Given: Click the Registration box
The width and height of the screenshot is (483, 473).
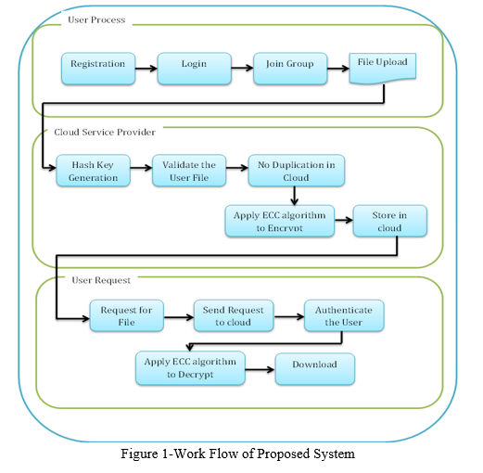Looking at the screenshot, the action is click(x=98, y=69).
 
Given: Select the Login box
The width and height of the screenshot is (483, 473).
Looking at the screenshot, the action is click(x=195, y=69).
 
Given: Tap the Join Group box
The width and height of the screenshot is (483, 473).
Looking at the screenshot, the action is click(x=290, y=69).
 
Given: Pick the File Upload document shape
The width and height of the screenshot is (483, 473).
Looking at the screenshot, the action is click(x=383, y=69).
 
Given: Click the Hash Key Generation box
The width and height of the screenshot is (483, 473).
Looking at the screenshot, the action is click(x=93, y=171).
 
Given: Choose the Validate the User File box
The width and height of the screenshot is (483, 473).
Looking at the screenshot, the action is click(x=189, y=171).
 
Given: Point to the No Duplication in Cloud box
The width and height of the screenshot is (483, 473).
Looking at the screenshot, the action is click(x=297, y=171).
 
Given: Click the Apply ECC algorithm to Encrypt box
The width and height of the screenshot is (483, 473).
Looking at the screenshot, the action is click(x=280, y=221).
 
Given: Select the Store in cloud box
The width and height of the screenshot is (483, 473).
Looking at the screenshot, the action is click(x=390, y=221).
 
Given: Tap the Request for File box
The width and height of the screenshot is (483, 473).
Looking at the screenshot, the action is click(x=127, y=315).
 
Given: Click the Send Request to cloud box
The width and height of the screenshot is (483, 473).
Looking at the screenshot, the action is click(x=234, y=315).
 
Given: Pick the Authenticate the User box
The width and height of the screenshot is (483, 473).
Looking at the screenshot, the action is click(x=344, y=315).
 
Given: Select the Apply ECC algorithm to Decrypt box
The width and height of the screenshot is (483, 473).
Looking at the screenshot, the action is click(x=190, y=368).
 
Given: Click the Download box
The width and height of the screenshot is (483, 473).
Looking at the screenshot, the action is click(x=315, y=369).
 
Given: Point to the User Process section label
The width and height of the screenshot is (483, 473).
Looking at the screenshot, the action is click(x=96, y=19).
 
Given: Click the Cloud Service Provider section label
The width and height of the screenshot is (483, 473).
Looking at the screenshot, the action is click(x=105, y=132).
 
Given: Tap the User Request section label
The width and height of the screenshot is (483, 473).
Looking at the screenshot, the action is click(x=101, y=280).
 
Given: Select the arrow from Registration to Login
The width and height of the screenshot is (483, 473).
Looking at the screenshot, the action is click(x=146, y=69).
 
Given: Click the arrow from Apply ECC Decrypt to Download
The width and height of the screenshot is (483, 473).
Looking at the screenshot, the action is click(x=261, y=369).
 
